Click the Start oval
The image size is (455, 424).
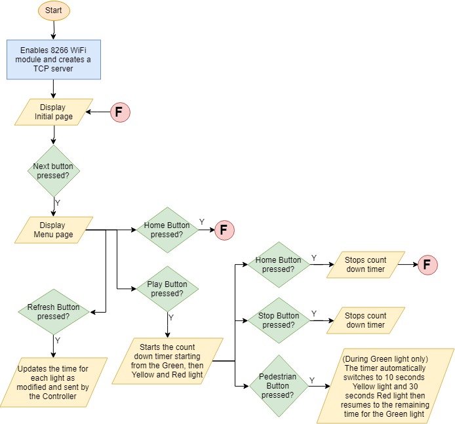[x=53, y=11]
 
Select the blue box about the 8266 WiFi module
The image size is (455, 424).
[x=53, y=59]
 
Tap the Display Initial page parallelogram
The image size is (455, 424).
[x=53, y=112]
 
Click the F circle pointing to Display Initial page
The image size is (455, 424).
[x=119, y=112]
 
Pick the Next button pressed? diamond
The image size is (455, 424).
[x=53, y=171]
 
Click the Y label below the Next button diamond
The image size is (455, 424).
[x=58, y=203]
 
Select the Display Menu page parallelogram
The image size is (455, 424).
[x=53, y=230]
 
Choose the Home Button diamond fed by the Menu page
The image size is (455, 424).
[x=170, y=229]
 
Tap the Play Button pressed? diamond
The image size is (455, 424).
[x=167, y=289]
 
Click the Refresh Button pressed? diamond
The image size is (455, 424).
[x=53, y=311]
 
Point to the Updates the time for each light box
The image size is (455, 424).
[x=53, y=382]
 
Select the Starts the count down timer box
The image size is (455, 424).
[x=167, y=360]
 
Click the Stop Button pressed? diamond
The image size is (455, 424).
[x=278, y=320]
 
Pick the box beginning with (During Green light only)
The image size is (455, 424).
[x=385, y=386]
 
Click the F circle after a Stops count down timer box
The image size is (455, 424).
[x=427, y=265]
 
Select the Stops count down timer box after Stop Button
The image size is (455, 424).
[x=366, y=320]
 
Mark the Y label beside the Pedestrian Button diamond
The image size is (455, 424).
[x=311, y=381]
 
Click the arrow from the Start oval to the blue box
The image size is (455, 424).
[x=53, y=29]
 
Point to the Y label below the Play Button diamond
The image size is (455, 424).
[x=171, y=317]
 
